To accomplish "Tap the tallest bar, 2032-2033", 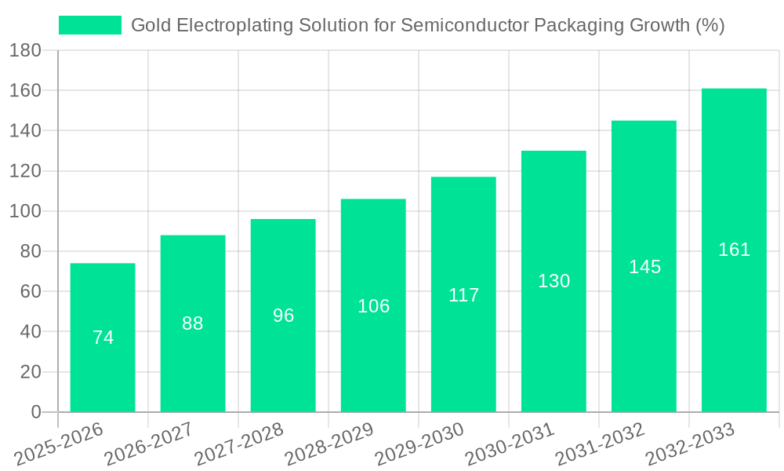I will pos(734,314).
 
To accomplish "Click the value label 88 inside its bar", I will pos(193,323).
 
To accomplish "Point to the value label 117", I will pos(463,295).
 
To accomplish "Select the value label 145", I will pos(644,267).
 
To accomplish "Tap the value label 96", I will pos(283,316).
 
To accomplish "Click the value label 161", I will pos(734,250).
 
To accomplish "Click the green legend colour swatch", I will pos(90,25).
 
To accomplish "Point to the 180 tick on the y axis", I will pos(25,50).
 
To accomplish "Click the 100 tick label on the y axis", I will pos(25,211).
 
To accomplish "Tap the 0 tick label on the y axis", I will pos(35,412).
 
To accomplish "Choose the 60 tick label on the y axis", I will pos(30,291).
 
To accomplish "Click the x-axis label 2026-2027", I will pos(150,444).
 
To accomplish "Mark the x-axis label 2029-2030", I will pos(420,444).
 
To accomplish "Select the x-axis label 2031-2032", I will pos(601,444).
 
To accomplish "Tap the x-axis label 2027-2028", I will pos(240,444).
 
